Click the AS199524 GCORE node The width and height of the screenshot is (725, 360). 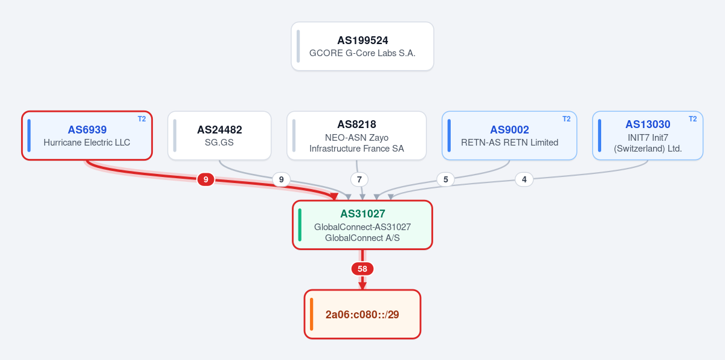coord(362,47)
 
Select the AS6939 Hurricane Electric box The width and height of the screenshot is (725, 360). coord(87,135)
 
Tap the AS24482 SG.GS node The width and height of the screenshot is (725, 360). coord(219,135)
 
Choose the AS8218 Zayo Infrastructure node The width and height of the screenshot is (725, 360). coord(356,135)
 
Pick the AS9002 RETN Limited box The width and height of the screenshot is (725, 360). coord(509,135)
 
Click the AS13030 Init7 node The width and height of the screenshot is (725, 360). coord(648,135)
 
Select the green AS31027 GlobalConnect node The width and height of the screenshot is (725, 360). coord(362,225)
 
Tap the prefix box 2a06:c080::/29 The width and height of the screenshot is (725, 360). coord(362,314)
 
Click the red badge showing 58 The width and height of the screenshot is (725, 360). coord(362,269)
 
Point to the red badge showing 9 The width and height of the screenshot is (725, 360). coord(205,179)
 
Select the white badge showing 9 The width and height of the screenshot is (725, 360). coord(282,179)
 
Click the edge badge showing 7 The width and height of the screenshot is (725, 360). coord(359,179)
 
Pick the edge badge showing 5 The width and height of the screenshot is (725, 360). coord(446,179)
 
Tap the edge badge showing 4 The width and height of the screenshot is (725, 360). coord(524,179)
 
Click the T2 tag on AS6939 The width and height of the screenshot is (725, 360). coord(142,119)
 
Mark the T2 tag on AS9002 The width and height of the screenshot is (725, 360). coord(567,119)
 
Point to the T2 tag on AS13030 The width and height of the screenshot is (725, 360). coord(692,119)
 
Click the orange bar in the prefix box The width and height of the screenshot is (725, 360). coord(311,314)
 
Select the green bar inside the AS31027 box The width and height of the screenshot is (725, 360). coord(300,225)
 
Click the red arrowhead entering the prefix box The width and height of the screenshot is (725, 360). coord(362,286)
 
